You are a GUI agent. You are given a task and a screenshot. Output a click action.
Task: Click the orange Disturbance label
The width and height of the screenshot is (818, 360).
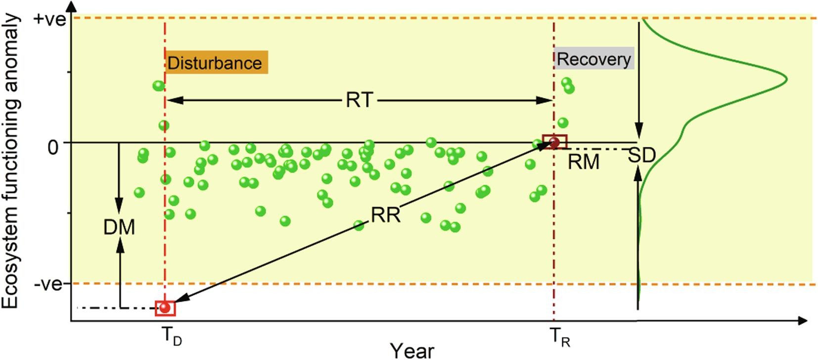pos(216,62)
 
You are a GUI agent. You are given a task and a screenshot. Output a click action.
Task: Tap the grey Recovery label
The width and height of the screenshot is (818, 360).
pos(593,59)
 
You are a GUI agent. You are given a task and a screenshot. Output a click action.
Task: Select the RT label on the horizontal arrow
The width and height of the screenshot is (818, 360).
pos(359,100)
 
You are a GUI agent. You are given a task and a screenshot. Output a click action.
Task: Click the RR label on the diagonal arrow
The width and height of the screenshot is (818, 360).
pos(385,215)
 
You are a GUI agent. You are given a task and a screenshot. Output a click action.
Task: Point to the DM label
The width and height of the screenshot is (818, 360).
pos(119,227)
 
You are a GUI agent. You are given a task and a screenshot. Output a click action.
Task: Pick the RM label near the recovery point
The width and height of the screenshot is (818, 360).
pos(583,162)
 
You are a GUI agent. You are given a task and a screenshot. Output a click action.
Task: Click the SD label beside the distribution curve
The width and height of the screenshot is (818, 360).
pos(641,156)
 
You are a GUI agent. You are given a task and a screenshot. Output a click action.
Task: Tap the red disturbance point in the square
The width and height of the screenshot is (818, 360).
pos(165,308)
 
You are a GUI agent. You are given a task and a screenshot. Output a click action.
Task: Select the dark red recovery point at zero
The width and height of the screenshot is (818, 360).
pos(554,142)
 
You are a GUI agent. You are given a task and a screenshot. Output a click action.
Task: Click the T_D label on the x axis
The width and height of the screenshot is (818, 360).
pos(172,337)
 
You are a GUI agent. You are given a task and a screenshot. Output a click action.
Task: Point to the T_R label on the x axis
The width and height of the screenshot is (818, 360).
pos(560,337)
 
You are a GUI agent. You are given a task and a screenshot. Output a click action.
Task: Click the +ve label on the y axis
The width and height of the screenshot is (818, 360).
pos(49,20)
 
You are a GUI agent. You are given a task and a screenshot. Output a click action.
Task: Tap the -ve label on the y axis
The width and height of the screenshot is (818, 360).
pos(48,285)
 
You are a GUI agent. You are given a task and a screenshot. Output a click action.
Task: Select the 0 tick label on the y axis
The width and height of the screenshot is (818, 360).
pos(53,147)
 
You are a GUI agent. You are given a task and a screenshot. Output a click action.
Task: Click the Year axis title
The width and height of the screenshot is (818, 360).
pos(411,350)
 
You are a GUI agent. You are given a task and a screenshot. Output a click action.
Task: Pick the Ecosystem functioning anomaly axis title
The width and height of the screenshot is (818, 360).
pos(11,161)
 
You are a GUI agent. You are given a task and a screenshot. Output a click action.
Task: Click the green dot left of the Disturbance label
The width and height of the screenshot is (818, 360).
pos(158,86)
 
